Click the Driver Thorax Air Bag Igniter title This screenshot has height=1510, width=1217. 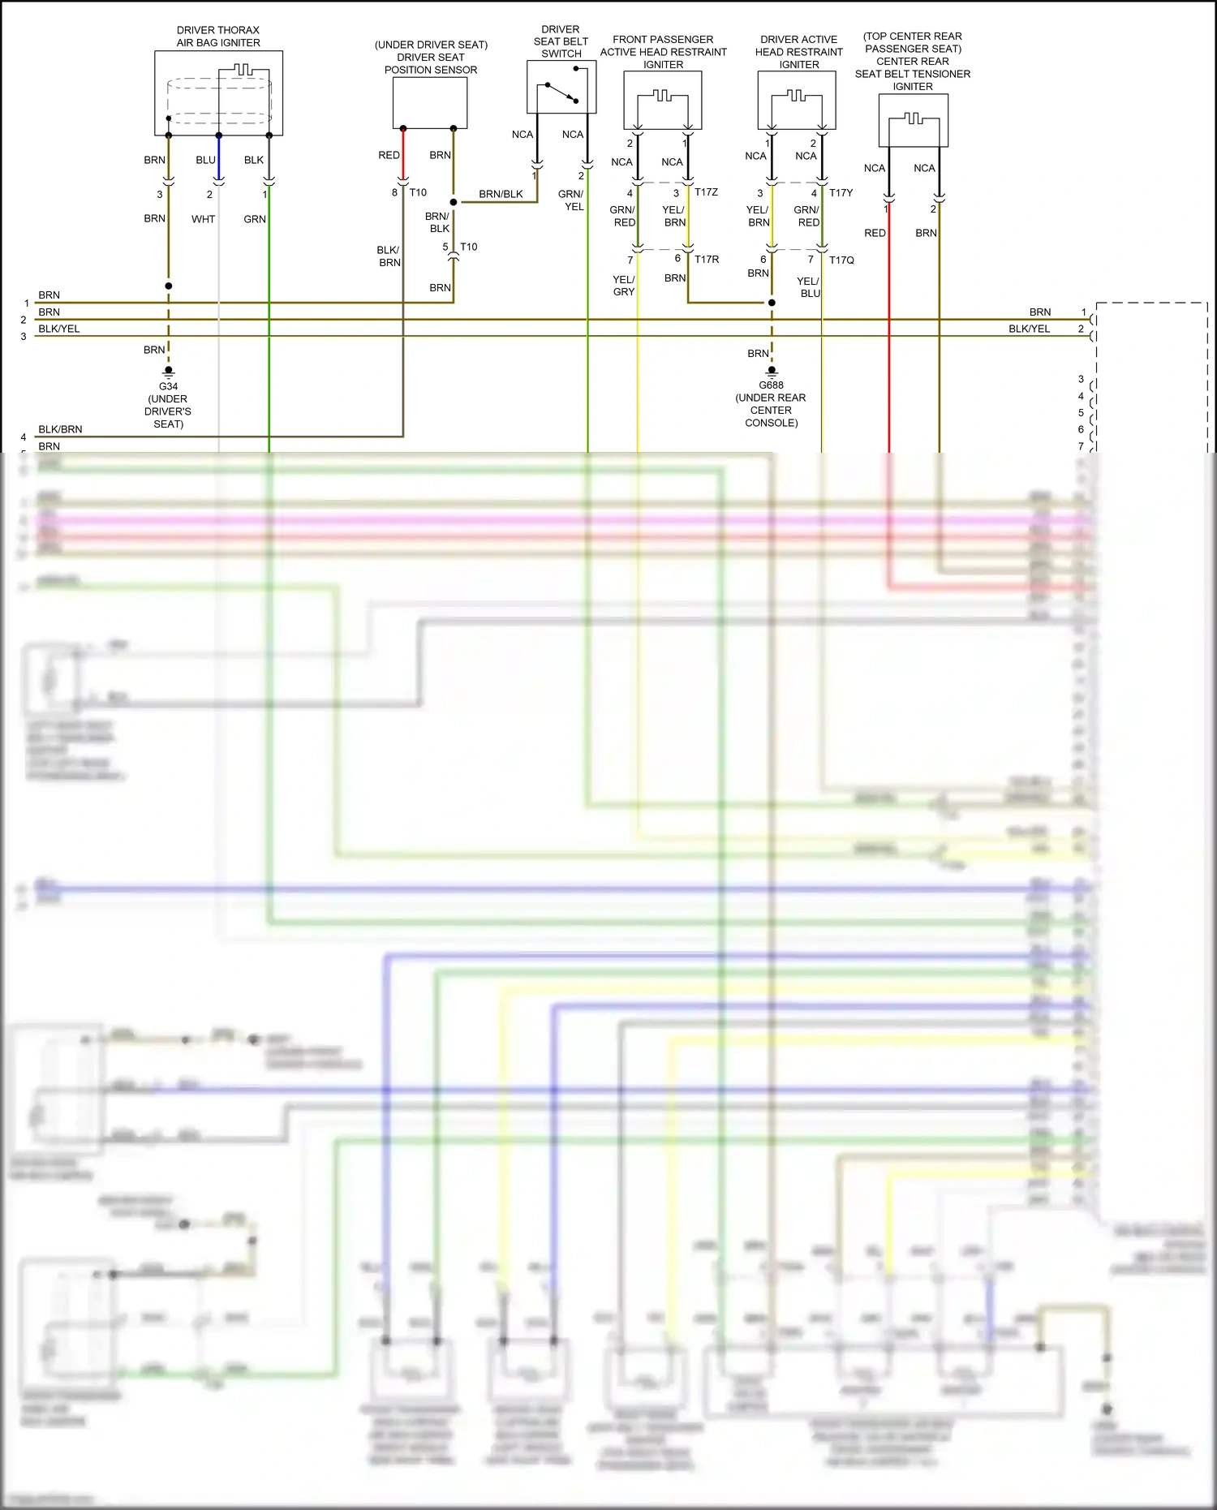click(218, 37)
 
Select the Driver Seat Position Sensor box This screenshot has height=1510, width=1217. click(430, 102)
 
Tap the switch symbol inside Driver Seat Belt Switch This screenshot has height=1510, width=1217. click(561, 92)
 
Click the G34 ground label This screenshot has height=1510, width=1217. click(168, 386)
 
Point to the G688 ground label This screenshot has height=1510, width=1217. click(771, 385)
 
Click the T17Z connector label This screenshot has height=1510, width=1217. click(706, 192)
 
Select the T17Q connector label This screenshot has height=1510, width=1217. click(841, 260)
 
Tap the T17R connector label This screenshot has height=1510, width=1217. click(706, 260)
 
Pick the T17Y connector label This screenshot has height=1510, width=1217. click(841, 193)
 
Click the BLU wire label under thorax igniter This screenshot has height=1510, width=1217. click(205, 160)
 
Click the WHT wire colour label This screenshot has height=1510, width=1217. click(203, 219)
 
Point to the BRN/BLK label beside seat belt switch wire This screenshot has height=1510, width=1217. click(501, 194)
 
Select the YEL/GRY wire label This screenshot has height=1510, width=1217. click(623, 286)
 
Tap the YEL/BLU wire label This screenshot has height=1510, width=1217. click(809, 287)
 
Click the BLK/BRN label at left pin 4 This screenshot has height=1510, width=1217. click(60, 429)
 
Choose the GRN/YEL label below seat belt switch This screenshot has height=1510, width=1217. click(571, 200)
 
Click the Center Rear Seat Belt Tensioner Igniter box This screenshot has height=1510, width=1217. click(913, 120)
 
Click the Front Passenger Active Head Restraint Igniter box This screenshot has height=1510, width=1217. click(662, 101)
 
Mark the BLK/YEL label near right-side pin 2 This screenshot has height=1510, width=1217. click(1029, 329)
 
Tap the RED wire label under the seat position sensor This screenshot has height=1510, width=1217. click(389, 155)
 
